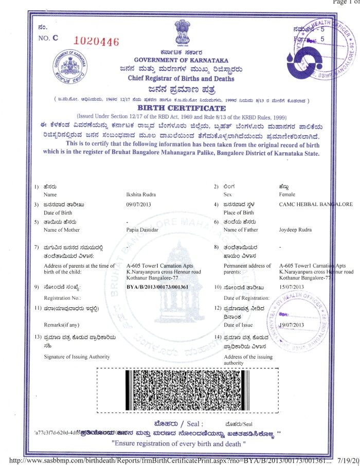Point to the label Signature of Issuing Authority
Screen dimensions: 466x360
tap(76, 357)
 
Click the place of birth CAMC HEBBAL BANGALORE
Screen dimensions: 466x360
tap(315, 204)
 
